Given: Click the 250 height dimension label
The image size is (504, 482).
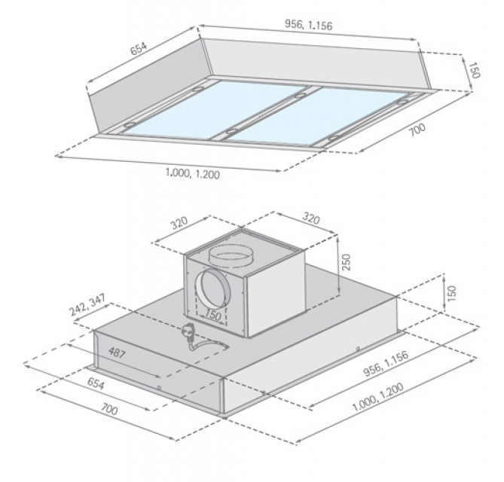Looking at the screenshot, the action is (x=347, y=262).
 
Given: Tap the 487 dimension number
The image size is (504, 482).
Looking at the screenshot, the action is (x=116, y=352).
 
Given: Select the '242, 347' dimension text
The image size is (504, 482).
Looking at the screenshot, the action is (x=87, y=305).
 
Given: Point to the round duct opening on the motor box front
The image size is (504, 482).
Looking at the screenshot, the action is (x=212, y=290).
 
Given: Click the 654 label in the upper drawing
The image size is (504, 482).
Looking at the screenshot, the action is (x=138, y=48).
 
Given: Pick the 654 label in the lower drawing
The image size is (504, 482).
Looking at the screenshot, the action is (x=96, y=383).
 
